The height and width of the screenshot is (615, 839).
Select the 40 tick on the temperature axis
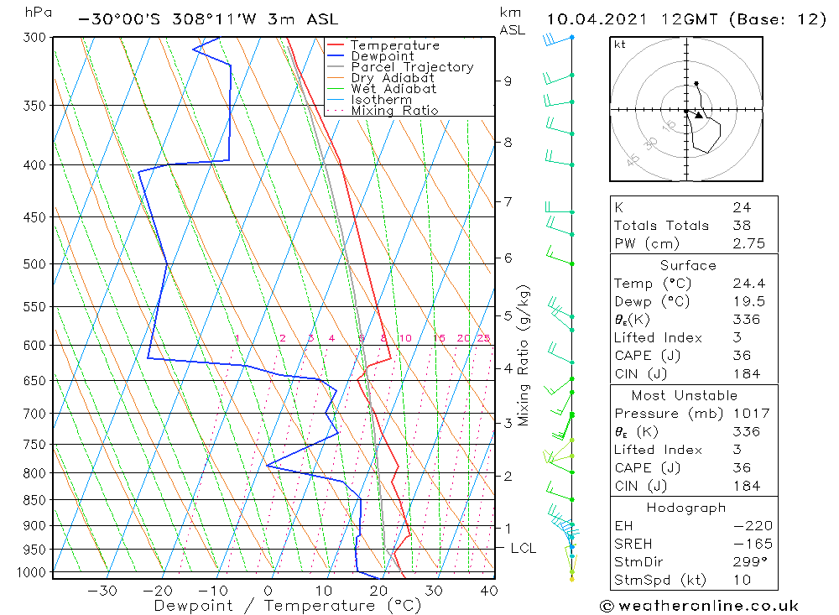(488, 591)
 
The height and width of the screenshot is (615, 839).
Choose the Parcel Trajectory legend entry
(411, 67)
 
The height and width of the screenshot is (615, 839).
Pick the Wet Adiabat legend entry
(393, 89)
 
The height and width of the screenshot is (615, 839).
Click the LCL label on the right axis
(524, 549)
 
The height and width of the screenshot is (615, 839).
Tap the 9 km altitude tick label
(508, 81)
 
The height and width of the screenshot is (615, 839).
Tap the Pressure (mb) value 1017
(747, 414)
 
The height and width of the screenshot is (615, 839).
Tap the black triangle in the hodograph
(698, 115)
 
